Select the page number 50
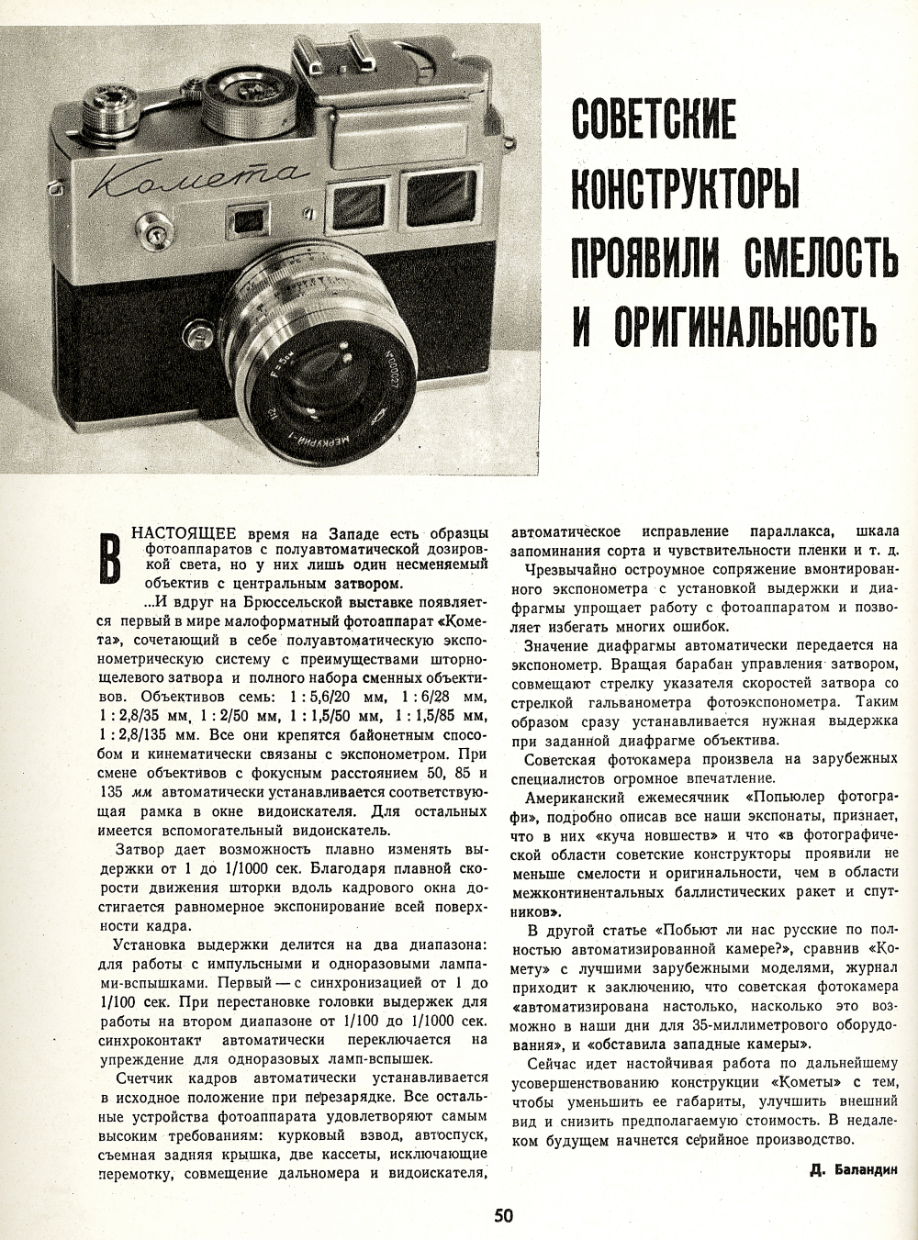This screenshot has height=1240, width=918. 503,1216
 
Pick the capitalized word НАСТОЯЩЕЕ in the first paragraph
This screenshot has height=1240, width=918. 184,533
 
